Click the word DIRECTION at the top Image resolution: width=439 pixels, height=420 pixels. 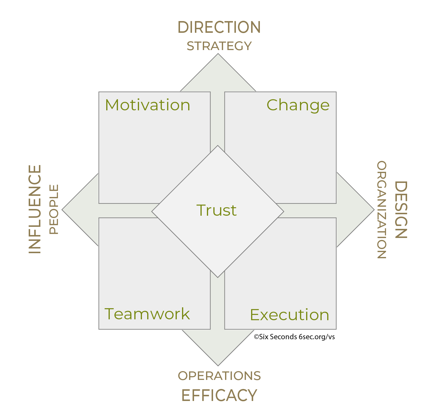[x=219, y=27]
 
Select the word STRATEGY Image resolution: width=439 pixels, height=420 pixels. [x=219, y=46]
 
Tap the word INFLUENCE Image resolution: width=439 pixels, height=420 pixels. [x=35, y=209]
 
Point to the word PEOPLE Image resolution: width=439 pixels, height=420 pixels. [x=54, y=209]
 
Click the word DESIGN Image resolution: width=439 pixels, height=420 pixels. [x=401, y=210]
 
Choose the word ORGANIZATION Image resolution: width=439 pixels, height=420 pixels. [x=382, y=210]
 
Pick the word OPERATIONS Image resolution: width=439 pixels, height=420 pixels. [x=219, y=376]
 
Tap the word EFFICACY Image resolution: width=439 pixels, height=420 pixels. [x=219, y=395]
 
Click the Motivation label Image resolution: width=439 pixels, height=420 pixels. [x=148, y=105]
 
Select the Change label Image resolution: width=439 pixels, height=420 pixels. [x=298, y=105]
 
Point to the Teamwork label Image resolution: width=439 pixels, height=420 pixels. [x=147, y=313]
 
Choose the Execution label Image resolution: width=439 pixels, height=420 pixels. [x=289, y=315]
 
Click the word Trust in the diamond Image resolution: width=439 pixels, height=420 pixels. [x=217, y=210]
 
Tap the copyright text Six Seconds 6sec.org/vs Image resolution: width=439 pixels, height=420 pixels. [x=294, y=337]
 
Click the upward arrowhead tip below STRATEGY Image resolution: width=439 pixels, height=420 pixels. [x=218, y=54]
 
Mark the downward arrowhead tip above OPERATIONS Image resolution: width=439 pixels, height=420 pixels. [x=218, y=366]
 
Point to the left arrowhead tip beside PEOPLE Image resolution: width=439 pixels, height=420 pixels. [x=62, y=210]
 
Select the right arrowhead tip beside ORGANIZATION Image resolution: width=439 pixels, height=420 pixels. [x=374, y=210]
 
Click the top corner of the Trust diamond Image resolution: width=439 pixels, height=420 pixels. [x=218, y=145]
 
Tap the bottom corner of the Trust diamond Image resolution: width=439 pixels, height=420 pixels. [x=218, y=277]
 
